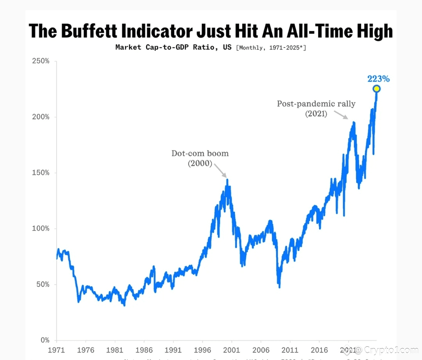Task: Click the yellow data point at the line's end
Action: tap(376, 89)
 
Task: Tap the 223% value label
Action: tap(378, 79)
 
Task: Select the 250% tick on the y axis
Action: tap(41, 61)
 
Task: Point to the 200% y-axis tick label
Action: tap(41, 117)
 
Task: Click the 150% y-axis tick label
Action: tap(41, 173)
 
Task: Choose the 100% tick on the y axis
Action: tap(41, 229)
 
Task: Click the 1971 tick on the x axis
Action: tap(56, 350)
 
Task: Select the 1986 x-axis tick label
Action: tap(144, 350)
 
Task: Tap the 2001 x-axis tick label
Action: tap(232, 350)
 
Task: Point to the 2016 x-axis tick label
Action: tap(319, 350)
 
